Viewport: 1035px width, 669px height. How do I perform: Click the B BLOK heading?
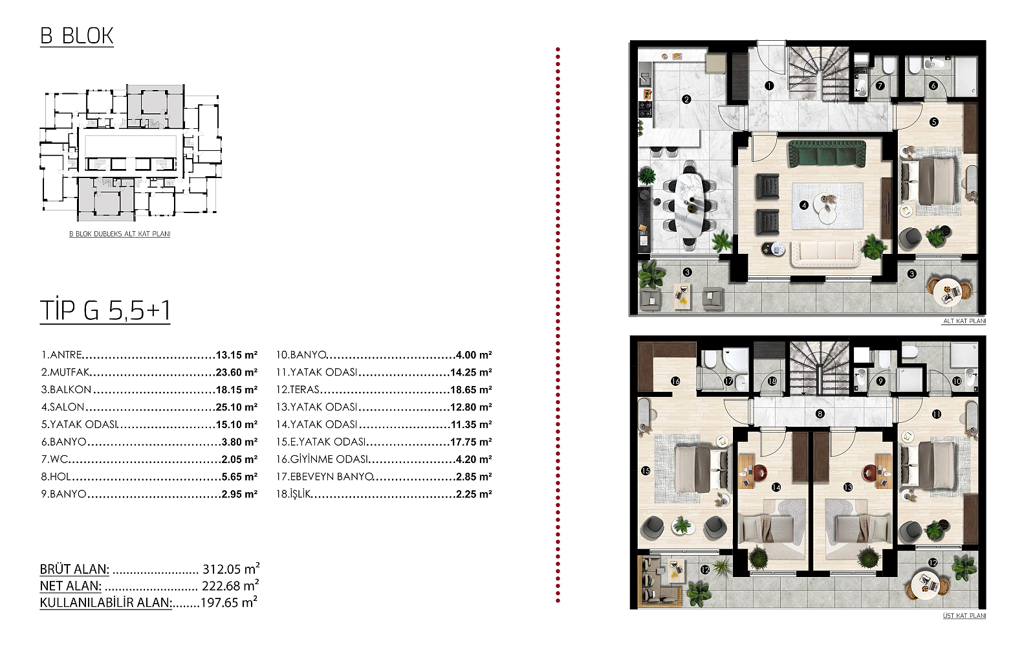pyautogui.click(x=77, y=36)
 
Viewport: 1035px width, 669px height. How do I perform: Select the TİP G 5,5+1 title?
pyautogui.click(x=105, y=310)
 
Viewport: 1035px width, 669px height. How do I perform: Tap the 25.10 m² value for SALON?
pyautogui.click(x=237, y=407)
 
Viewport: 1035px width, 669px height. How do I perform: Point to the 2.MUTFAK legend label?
pyautogui.click(x=65, y=372)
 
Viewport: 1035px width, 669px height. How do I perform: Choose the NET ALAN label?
pyautogui.click(x=71, y=585)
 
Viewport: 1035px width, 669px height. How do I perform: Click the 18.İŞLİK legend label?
pyautogui.click(x=294, y=494)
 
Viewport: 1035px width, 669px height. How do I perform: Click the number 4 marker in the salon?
pyautogui.click(x=804, y=205)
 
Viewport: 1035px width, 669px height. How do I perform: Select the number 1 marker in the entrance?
pyautogui.click(x=769, y=85)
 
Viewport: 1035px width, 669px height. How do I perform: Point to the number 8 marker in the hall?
pyautogui.click(x=820, y=414)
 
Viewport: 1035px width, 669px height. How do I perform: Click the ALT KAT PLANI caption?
pyautogui.click(x=964, y=321)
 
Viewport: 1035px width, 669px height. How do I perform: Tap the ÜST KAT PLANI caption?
pyautogui.click(x=964, y=616)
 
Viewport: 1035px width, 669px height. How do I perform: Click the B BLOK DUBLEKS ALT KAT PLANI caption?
pyautogui.click(x=120, y=234)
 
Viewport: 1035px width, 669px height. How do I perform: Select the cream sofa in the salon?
pyautogui.click(x=826, y=253)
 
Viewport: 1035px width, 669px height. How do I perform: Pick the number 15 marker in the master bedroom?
pyautogui.click(x=646, y=471)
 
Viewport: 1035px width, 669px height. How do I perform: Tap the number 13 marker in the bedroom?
pyautogui.click(x=847, y=487)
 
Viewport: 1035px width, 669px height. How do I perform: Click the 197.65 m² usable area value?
pyautogui.click(x=229, y=603)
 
